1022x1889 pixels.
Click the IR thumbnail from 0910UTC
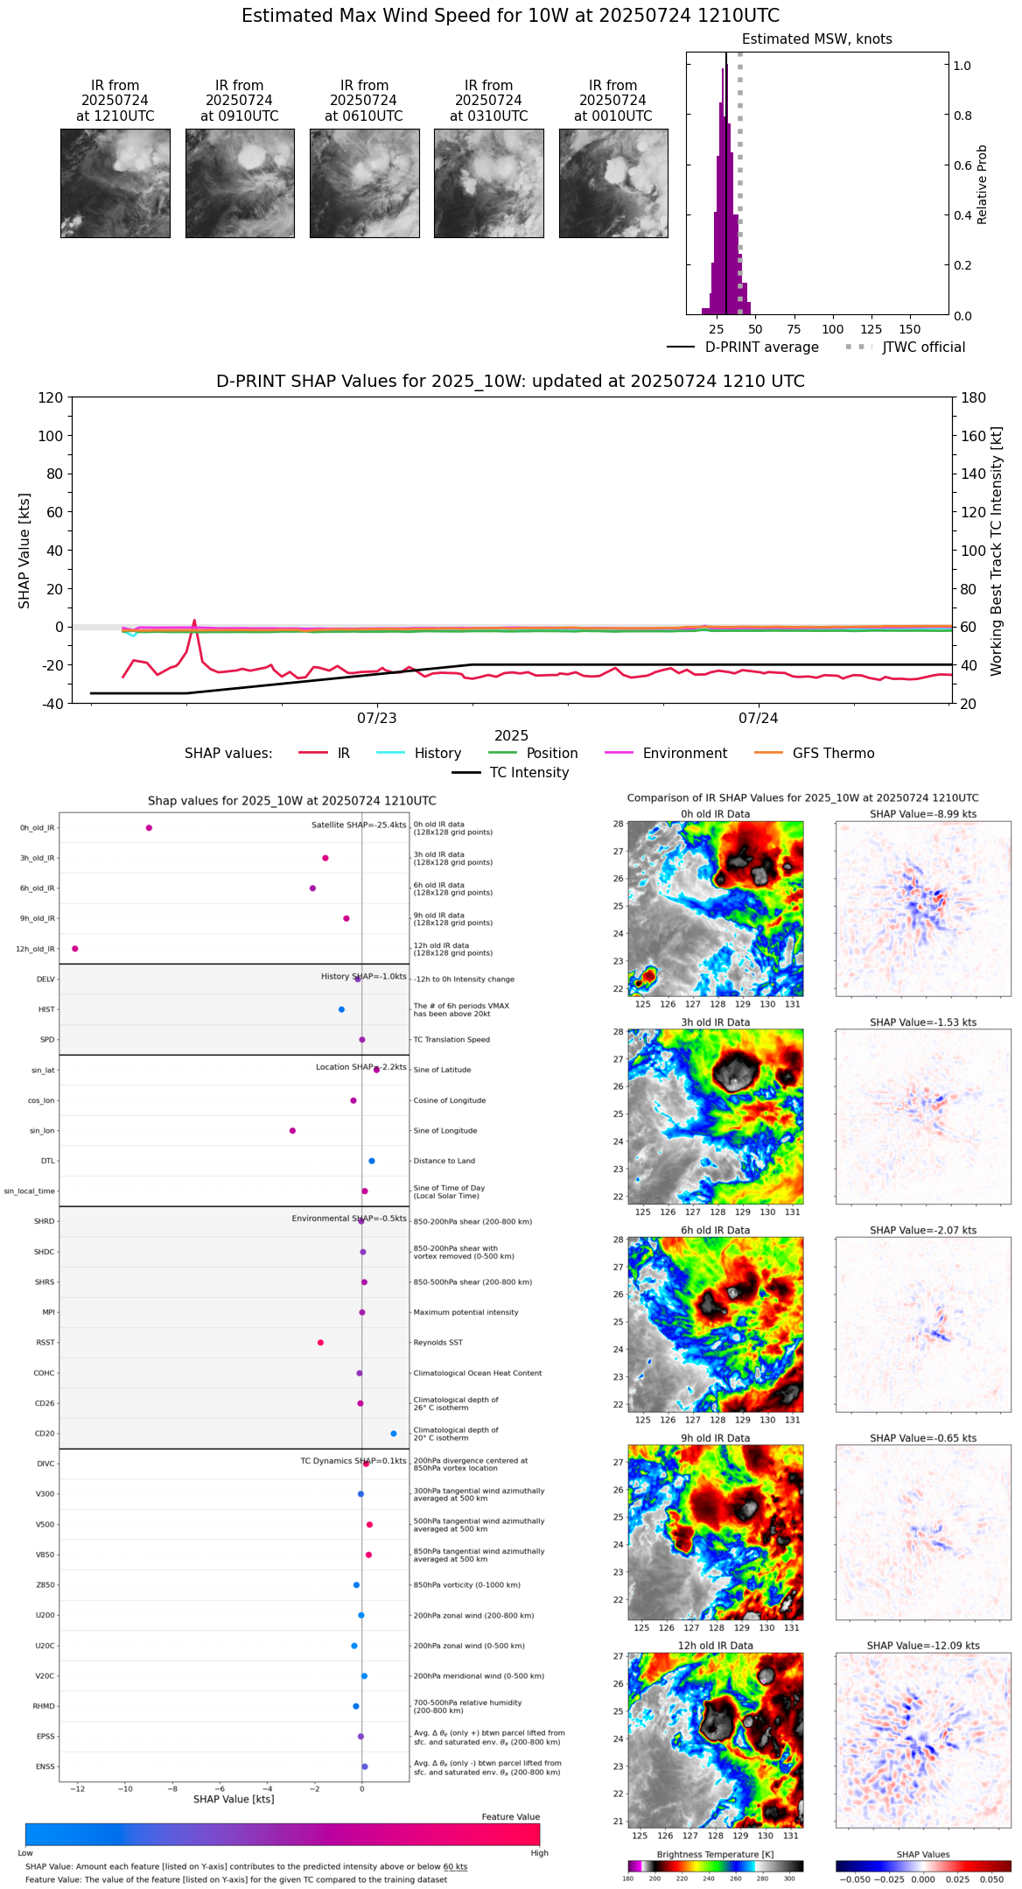tap(240, 183)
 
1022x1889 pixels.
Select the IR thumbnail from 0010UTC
tap(613, 183)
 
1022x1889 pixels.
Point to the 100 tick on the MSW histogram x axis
tap(833, 329)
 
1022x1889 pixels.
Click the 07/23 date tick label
tap(377, 719)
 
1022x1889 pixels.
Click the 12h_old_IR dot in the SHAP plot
tap(75, 949)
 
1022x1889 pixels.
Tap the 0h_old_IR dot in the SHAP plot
tap(149, 828)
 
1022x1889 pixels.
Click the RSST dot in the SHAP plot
tap(320, 1343)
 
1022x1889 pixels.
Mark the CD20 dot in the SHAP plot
tap(394, 1434)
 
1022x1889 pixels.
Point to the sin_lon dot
tap(293, 1131)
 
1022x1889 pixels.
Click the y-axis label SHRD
tap(44, 1222)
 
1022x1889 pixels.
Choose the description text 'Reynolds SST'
tap(438, 1343)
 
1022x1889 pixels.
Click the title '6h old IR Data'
tap(715, 1230)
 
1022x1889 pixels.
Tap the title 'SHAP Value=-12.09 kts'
tap(923, 1646)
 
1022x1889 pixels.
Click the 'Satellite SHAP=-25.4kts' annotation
tap(359, 825)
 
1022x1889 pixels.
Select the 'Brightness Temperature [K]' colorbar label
tap(715, 1854)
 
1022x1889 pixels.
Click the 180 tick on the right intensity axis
tap(974, 398)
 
